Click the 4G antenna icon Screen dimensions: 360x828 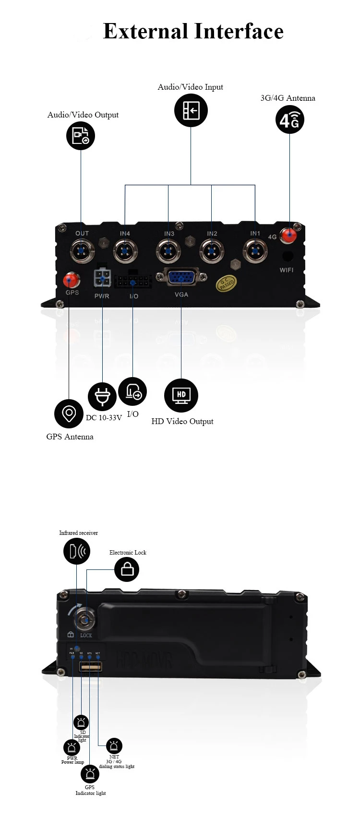click(x=289, y=120)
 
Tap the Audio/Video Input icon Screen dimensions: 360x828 click(x=191, y=110)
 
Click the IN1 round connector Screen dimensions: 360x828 click(x=255, y=250)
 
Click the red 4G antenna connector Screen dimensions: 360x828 click(x=289, y=235)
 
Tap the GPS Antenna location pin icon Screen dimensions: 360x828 click(x=69, y=413)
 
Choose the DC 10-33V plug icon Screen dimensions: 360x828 click(x=102, y=397)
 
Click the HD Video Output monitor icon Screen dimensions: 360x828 click(x=181, y=395)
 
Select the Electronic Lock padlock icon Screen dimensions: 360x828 click(x=127, y=569)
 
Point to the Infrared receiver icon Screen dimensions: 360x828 click(x=77, y=551)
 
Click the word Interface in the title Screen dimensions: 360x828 click(x=239, y=31)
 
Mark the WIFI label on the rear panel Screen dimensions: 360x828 click(x=287, y=270)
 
